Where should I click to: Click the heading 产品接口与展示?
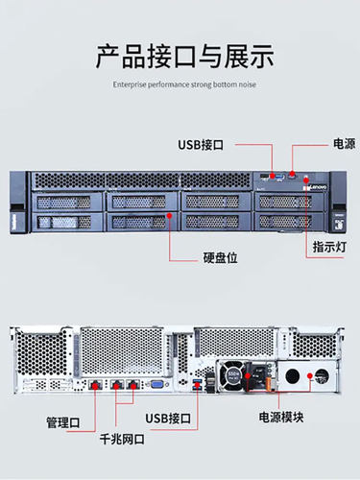pos(180,55)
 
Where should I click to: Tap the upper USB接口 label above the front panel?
pos(201,144)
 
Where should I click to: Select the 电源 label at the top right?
pos(344,144)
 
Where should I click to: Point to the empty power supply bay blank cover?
pos(309,376)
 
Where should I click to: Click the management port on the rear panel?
pos(96,385)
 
